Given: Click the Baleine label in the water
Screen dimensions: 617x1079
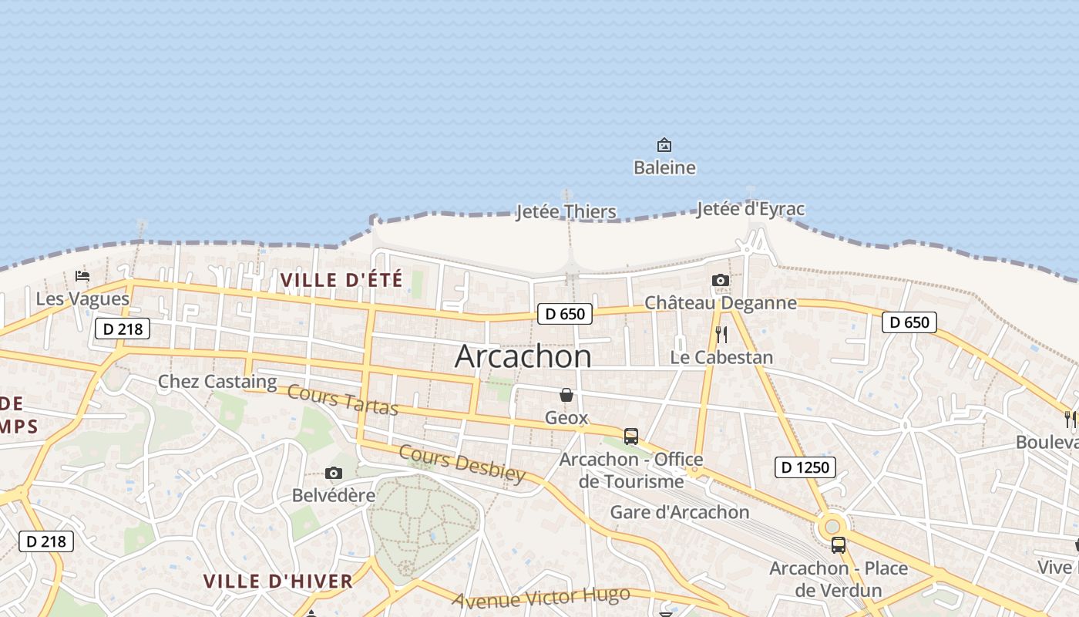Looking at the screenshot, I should (664, 167).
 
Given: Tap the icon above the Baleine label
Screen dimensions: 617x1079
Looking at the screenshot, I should (664, 145).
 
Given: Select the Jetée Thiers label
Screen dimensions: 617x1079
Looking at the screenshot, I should (566, 211).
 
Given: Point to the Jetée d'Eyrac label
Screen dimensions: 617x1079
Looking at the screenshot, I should (751, 209).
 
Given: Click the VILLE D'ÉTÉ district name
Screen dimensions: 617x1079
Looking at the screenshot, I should (341, 279).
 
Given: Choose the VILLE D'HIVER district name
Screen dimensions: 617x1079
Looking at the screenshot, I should (278, 581).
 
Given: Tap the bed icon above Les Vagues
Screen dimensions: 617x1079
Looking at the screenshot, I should (82, 276).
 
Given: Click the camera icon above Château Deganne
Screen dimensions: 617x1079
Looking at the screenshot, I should (721, 280).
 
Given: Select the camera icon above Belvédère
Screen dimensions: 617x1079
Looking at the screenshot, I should (334, 473).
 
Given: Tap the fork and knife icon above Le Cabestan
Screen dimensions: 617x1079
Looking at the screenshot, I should (721, 335).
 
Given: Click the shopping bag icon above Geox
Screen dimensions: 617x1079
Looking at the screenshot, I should (566, 395).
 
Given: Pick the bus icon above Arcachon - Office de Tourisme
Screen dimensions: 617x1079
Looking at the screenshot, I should (631, 437).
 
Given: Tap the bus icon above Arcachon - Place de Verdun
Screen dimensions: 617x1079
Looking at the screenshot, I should (839, 545).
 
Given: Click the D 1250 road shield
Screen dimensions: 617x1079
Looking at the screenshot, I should (805, 467).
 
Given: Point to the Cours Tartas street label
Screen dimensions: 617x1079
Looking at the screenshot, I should (342, 399).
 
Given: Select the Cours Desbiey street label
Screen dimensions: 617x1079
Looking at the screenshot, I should (462, 464).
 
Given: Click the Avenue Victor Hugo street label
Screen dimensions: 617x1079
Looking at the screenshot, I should (541, 598).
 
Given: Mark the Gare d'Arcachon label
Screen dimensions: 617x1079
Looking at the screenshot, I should (680, 512).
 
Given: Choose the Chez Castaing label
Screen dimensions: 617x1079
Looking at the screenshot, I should (217, 381).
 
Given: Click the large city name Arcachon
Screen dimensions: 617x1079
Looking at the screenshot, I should (523, 356).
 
